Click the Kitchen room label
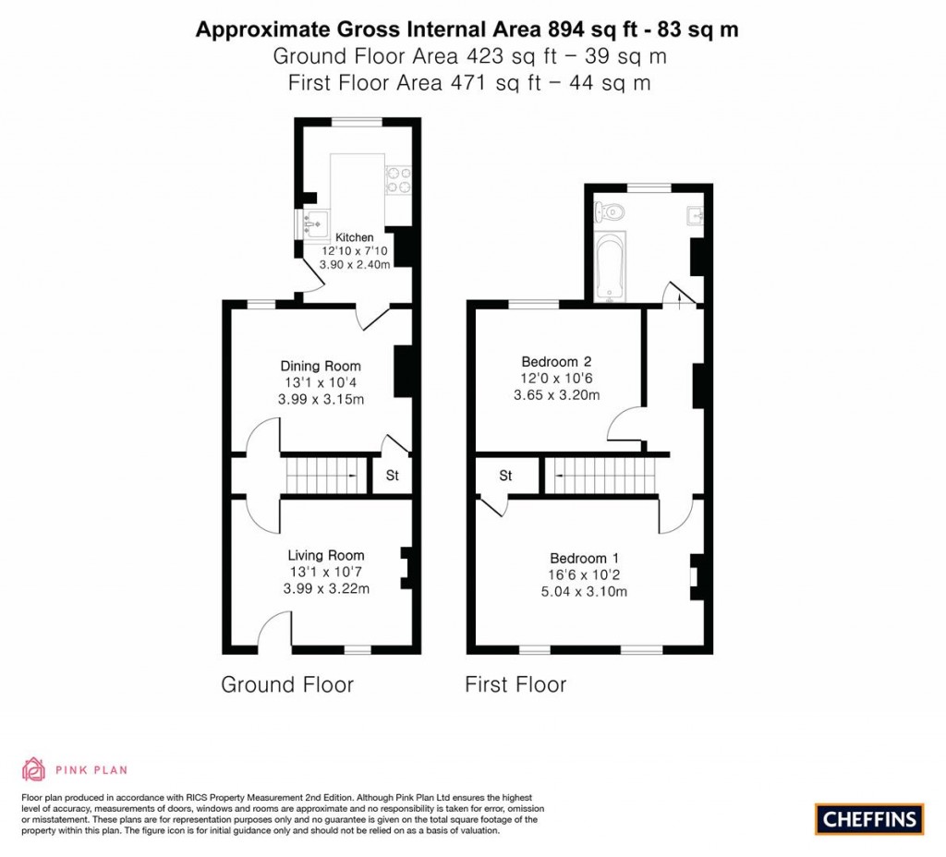(x=354, y=237)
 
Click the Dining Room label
(x=321, y=367)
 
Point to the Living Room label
(x=325, y=555)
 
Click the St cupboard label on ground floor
(x=392, y=477)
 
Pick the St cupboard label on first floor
(x=505, y=477)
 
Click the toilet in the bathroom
(x=612, y=211)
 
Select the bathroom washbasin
(x=695, y=216)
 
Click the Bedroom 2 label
(x=556, y=361)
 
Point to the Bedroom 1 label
(x=584, y=558)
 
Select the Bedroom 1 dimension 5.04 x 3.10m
(x=584, y=592)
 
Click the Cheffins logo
(x=869, y=818)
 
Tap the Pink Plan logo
(x=74, y=768)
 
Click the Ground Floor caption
(x=286, y=684)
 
